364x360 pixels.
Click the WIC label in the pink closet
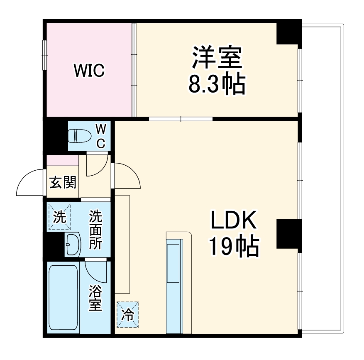pyautogui.click(x=89, y=71)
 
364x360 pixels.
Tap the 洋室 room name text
pyautogui.click(x=216, y=57)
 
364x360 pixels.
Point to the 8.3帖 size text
pyautogui.click(x=216, y=84)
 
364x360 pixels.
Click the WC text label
pyautogui.click(x=101, y=136)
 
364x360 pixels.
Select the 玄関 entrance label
pyautogui.click(x=63, y=182)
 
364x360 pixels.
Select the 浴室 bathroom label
pyautogui.click(x=95, y=298)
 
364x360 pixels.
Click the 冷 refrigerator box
pyautogui.click(x=127, y=315)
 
